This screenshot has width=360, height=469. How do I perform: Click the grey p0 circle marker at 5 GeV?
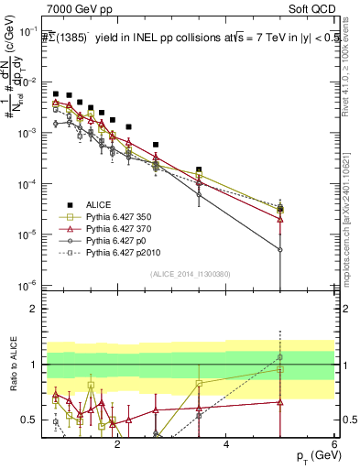pyautogui.click(x=280, y=249)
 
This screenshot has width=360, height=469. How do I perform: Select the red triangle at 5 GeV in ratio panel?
pyautogui.click(x=280, y=401)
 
